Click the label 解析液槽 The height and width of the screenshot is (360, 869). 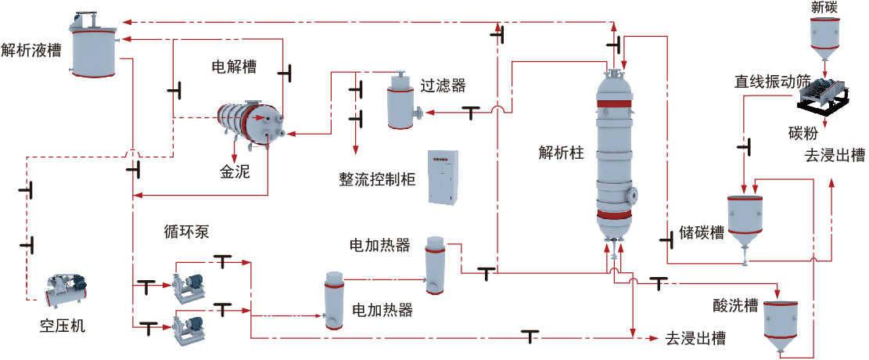pyautogui.click(x=31, y=49)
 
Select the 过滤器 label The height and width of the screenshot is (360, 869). pyautogui.click(x=443, y=85)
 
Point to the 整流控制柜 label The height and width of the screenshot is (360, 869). pyautogui.click(x=377, y=180)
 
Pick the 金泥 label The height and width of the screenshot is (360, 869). pyautogui.click(x=235, y=172)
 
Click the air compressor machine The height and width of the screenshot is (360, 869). pyautogui.click(x=66, y=290)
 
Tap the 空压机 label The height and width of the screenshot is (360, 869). pyautogui.click(x=63, y=326)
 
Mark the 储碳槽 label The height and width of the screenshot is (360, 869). pyautogui.click(x=702, y=233)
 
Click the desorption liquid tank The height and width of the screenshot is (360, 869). pyautogui.click(x=94, y=45)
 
